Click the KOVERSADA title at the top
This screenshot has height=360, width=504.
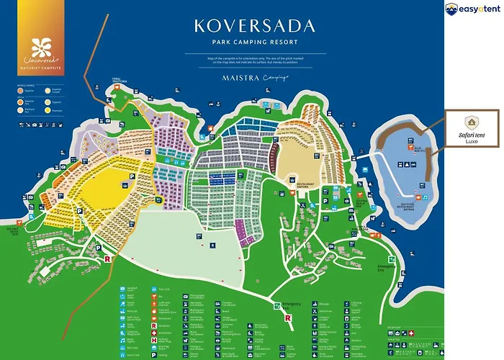pos(254,27)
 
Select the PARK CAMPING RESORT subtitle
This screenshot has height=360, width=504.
pos(254,42)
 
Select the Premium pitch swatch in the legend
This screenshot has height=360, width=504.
pos(19,112)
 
